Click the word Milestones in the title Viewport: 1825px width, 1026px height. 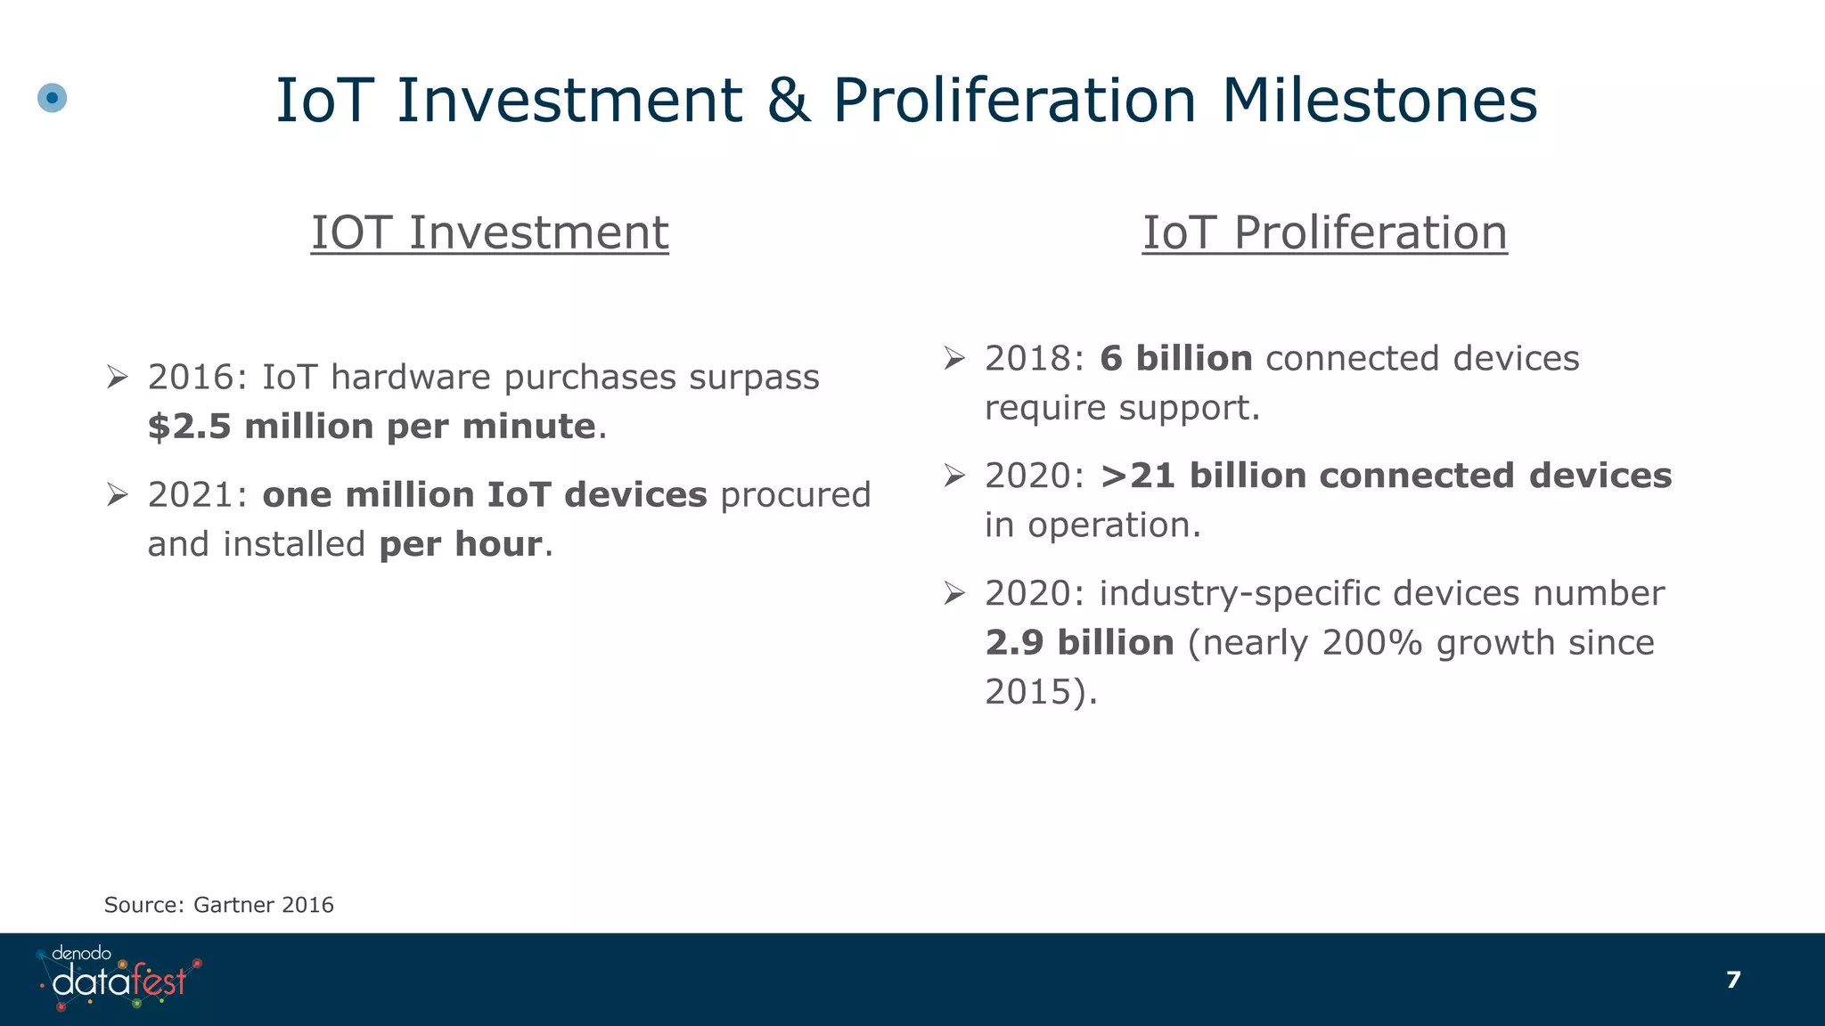click(1379, 100)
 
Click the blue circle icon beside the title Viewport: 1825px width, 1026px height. click(53, 97)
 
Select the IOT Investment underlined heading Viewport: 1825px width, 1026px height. click(489, 232)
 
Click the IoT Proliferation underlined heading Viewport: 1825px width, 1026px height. click(1324, 232)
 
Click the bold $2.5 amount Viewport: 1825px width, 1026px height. click(189, 427)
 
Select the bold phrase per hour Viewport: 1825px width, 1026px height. click(460, 544)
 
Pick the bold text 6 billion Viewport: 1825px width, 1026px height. click(1175, 359)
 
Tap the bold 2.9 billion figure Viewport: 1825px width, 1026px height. click(1079, 643)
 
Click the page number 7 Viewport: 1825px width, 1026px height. click(1732, 980)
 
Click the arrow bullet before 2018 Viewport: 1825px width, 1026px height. click(954, 359)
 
